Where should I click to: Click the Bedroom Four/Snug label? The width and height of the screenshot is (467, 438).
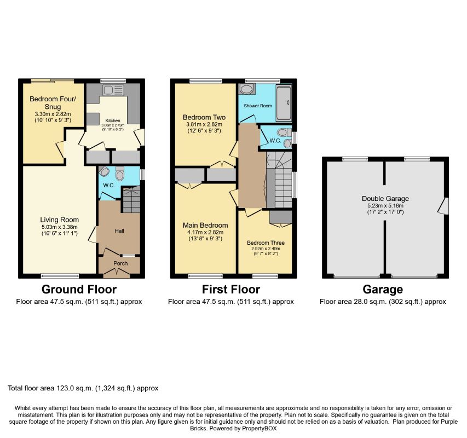(x=53, y=103)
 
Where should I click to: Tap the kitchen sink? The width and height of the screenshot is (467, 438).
(x=113, y=90)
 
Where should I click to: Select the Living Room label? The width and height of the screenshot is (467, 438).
(x=60, y=220)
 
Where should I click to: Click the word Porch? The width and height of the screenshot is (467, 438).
(x=120, y=263)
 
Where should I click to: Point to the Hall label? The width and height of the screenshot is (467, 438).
(x=119, y=230)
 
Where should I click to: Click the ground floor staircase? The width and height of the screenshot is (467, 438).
(x=131, y=199)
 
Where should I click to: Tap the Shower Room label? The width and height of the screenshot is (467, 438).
(x=258, y=106)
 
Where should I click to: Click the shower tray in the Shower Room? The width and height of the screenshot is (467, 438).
(x=284, y=103)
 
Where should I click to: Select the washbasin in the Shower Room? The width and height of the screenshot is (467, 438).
(x=246, y=89)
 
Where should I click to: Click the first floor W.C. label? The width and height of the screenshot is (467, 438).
(x=275, y=141)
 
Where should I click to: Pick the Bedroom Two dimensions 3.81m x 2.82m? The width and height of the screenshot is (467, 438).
(x=204, y=124)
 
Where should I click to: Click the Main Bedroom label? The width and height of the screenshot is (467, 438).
(x=205, y=226)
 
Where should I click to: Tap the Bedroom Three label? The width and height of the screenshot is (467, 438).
(x=266, y=243)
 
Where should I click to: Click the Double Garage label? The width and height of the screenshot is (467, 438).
(x=385, y=199)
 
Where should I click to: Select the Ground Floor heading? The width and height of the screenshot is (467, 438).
(x=79, y=290)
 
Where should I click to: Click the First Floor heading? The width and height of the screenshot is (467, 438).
(x=231, y=290)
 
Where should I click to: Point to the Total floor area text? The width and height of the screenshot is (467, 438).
(x=83, y=388)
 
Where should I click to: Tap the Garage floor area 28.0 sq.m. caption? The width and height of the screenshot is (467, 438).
(x=383, y=302)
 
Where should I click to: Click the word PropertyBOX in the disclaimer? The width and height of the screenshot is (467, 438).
(x=259, y=429)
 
